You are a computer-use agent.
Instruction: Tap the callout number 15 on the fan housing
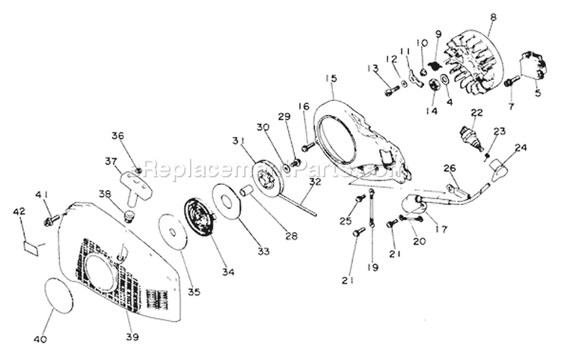point(331,77)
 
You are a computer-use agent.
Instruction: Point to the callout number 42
point(20,212)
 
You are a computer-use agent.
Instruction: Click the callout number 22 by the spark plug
point(476,112)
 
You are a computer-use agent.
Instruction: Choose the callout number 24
point(521,147)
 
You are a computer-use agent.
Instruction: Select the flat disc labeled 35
point(171,233)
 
